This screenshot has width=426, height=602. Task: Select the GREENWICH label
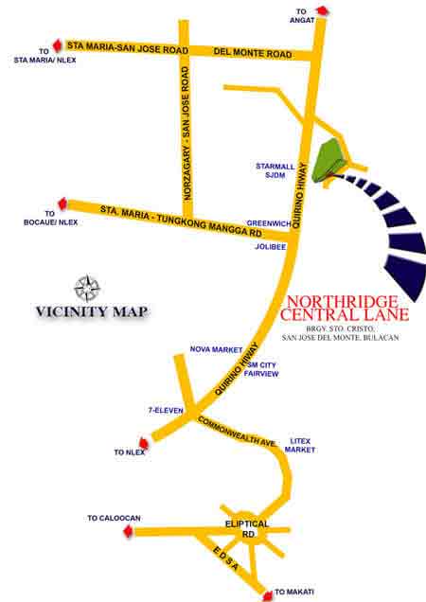click(266, 224)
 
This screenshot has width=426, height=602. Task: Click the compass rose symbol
click(88, 287)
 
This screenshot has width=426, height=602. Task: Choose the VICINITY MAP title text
click(92, 310)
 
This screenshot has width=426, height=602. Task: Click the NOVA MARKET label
click(217, 349)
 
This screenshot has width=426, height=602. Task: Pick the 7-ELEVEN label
click(166, 411)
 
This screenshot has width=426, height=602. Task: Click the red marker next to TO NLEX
click(144, 441)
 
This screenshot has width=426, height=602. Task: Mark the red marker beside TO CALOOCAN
click(128, 531)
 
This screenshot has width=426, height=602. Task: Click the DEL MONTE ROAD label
click(253, 54)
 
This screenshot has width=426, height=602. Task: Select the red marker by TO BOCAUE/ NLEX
click(63, 203)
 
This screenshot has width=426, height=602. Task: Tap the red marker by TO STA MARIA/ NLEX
click(57, 44)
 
